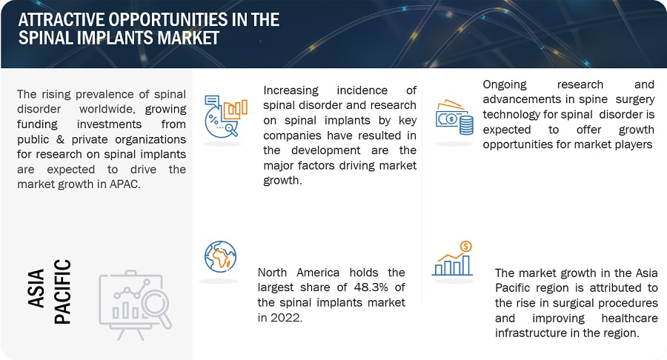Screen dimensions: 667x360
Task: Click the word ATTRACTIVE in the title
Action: pos(61,19)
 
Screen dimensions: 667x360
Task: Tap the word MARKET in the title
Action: pos(188,38)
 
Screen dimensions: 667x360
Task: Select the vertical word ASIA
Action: pos(36,288)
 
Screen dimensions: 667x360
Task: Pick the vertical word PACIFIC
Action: pos(62,292)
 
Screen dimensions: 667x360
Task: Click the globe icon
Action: pos(220,256)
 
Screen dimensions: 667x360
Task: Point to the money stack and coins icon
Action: pos(454,117)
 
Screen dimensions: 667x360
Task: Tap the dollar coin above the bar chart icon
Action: pos(466,246)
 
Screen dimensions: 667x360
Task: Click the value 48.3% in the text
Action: pos(371,287)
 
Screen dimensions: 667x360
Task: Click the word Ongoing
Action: pos(505,85)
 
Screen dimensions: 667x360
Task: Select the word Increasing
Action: pos(291,91)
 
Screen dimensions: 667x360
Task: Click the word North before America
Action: pos(272,273)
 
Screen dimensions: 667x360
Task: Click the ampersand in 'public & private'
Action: pos(60,139)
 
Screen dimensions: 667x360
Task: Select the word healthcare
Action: pos(629,318)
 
